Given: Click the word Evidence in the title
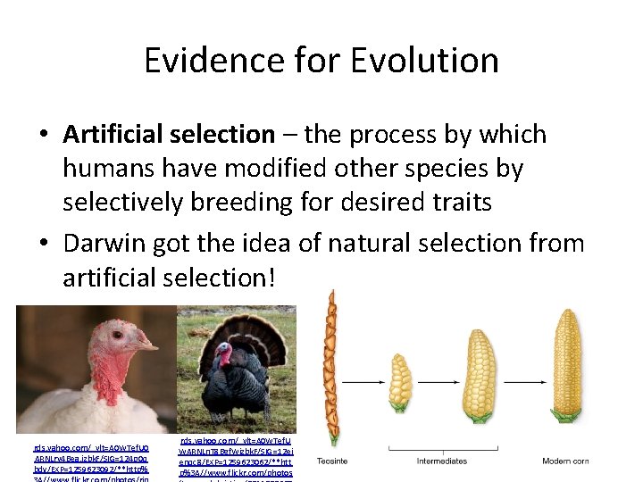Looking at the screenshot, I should tap(211, 61).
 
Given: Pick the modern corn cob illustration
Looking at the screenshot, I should tap(566, 366).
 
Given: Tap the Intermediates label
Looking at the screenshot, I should tap(442, 461).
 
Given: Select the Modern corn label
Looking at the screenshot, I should tap(565, 461).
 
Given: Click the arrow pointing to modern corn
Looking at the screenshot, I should tap(521, 381).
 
